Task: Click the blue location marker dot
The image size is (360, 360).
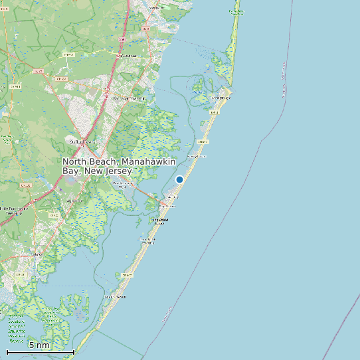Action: click(x=179, y=179)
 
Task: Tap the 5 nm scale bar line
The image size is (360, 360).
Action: click(x=40, y=351)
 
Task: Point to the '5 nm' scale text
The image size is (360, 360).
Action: click(x=39, y=345)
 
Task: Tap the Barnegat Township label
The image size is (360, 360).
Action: click(x=130, y=98)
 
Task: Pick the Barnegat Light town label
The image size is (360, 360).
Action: click(x=221, y=98)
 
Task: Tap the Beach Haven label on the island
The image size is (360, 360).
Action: click(x=116, y=297)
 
